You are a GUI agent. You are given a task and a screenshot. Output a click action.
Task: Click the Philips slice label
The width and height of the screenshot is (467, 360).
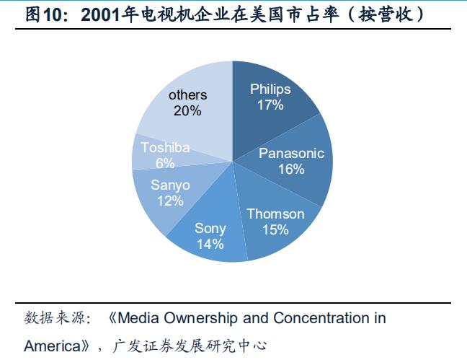[270, 89]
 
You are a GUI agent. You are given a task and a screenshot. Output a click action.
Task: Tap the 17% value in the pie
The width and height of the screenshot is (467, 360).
[270, 105]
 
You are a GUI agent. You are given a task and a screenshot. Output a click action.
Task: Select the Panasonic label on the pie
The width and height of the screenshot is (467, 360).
[291, 153]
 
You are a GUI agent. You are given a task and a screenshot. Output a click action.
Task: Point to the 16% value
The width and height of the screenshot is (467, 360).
[291, 169]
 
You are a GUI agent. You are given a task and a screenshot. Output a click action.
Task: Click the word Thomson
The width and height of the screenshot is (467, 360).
[275, 214]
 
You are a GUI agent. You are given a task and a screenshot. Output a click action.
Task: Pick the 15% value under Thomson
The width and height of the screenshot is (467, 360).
[275, 229]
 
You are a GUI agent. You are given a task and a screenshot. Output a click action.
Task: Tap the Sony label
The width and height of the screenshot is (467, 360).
[210, 228]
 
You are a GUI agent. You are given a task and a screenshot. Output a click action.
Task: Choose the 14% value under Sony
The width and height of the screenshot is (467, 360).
[210, 244]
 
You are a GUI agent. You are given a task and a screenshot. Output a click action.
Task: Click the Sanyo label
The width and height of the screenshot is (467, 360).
[170, 185]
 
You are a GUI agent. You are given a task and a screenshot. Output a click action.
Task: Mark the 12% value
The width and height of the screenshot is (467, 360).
[170, 201]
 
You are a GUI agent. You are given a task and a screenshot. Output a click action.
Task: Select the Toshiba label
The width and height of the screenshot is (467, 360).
[165, 147]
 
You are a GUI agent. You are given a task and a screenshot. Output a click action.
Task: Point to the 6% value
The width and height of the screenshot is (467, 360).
[165, 162]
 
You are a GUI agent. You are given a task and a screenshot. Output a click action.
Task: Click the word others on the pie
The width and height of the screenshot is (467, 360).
[187, 95]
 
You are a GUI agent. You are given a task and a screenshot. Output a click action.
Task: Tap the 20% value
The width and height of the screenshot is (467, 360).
[187, 110]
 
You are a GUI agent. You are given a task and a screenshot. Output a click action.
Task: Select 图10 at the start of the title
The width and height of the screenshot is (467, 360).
[46, 15]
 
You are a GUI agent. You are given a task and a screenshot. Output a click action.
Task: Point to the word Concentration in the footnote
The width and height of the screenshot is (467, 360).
[315, 318]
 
